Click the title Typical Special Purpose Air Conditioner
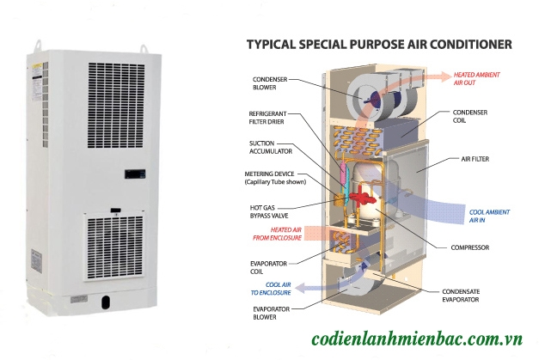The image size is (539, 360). pyautogui.click(x=379, y=42)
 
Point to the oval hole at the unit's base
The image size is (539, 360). pyautogui.click(x=106, y=301)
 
